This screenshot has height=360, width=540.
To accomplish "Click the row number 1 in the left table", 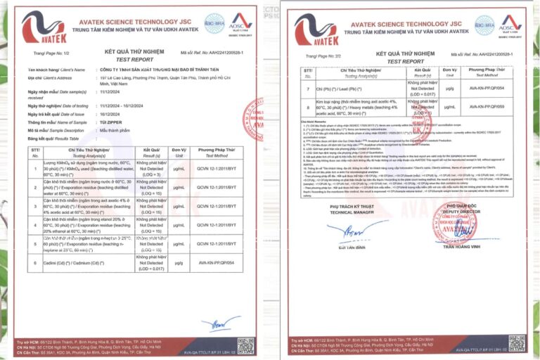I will coord(36,167).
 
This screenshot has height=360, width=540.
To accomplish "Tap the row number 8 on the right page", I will coord(307,107).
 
